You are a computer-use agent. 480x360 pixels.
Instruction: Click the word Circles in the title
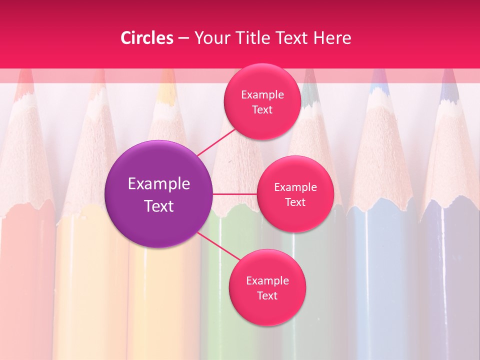click(147, 38)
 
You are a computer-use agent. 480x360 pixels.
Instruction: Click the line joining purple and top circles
click(216, 142)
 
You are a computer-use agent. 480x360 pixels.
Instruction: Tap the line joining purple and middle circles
click(234, 194)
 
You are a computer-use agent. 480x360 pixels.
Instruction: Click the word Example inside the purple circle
click(159, 184)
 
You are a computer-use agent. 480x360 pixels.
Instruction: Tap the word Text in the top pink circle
click(262, 110)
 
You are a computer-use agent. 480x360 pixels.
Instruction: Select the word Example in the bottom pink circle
click(267, 281)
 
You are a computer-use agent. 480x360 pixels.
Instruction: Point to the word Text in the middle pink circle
click(295, 202)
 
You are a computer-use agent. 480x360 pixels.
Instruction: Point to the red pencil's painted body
click(27, 280)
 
